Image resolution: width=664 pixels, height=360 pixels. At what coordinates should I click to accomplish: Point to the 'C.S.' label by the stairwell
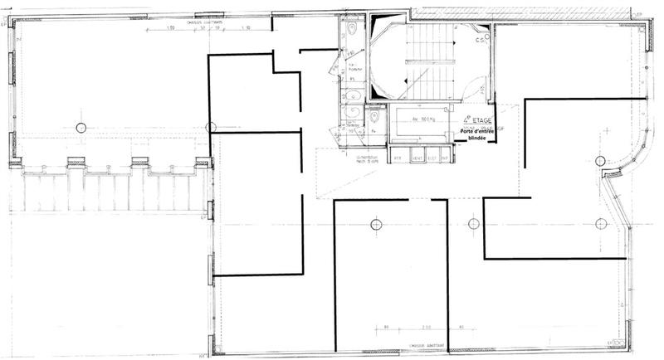tap(480, 38)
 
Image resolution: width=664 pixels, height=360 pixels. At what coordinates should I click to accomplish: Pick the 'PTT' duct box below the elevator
tap(398, 158)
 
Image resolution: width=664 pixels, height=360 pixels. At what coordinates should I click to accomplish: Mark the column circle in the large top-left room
tap(81, 127)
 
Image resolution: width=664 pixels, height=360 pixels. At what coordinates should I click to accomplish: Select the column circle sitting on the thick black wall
tap(211, 128)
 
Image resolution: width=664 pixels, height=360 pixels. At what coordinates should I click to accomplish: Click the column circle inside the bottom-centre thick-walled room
tap(375, 224)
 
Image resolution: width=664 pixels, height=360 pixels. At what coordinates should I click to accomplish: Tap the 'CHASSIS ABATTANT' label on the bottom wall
tap(417, 343)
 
